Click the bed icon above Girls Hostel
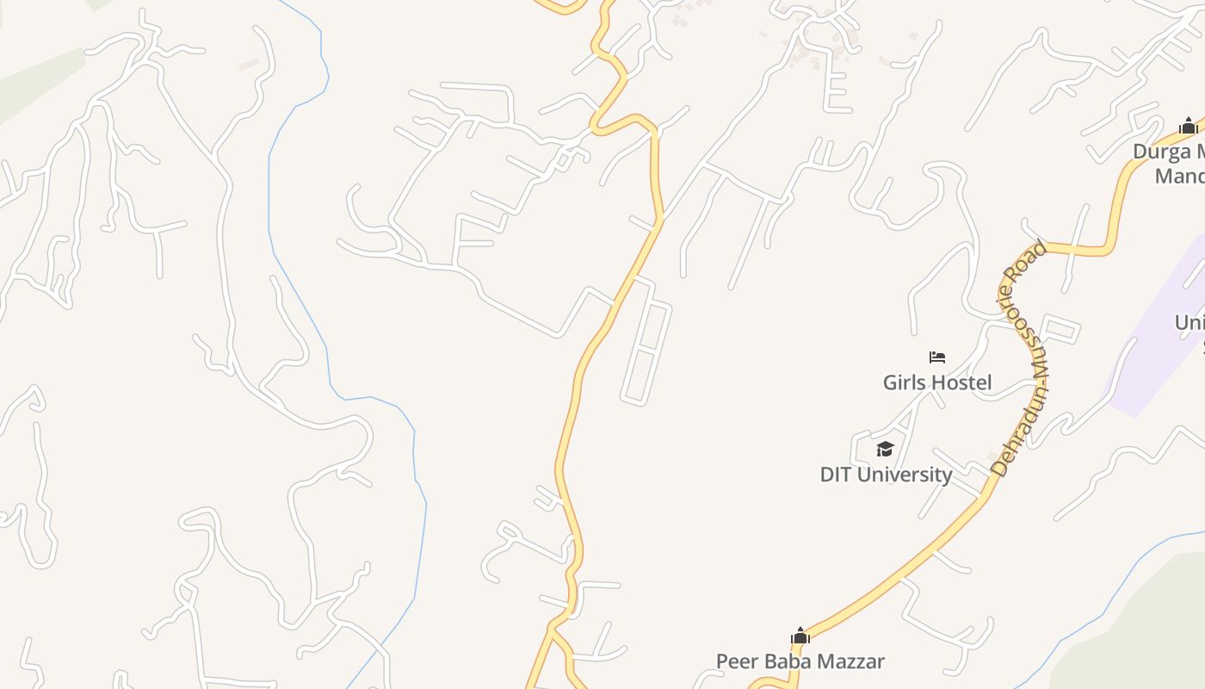937,357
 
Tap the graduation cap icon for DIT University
885,449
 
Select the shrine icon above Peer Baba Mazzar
800,636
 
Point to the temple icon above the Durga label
1189,126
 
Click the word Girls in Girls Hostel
904,382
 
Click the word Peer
737,661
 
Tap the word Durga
1161,152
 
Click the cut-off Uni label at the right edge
1190,323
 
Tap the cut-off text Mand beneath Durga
1179,177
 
